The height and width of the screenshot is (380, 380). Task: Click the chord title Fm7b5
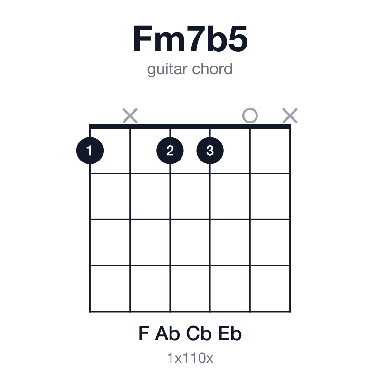point(190,39)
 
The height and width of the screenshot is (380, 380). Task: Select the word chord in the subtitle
point(212,69)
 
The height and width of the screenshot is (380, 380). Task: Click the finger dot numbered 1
point(90,151)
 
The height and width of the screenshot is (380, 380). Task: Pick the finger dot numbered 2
point(170,151)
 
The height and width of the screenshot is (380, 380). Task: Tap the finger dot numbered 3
point(210,151)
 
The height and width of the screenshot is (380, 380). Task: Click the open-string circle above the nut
point(250,115)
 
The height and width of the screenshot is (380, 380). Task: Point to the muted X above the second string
point(130,115)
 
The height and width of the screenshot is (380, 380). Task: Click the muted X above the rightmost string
point(290,115)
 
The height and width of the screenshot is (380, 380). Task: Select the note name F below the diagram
point(143,333)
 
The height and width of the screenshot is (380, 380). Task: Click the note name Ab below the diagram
point(167,333)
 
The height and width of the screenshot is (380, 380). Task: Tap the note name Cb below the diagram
point(199,333)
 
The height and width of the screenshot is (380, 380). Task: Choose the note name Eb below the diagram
point(230,333)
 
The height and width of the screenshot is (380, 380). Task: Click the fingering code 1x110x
point(190,358)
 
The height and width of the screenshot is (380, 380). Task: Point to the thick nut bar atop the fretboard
point(190,126)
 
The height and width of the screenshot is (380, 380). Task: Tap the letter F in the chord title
point(143,39)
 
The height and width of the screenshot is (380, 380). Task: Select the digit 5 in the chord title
point(236,39)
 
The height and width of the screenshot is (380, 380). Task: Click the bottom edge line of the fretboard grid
point(190,312)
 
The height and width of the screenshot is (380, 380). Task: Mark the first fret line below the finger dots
point(190,173)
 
